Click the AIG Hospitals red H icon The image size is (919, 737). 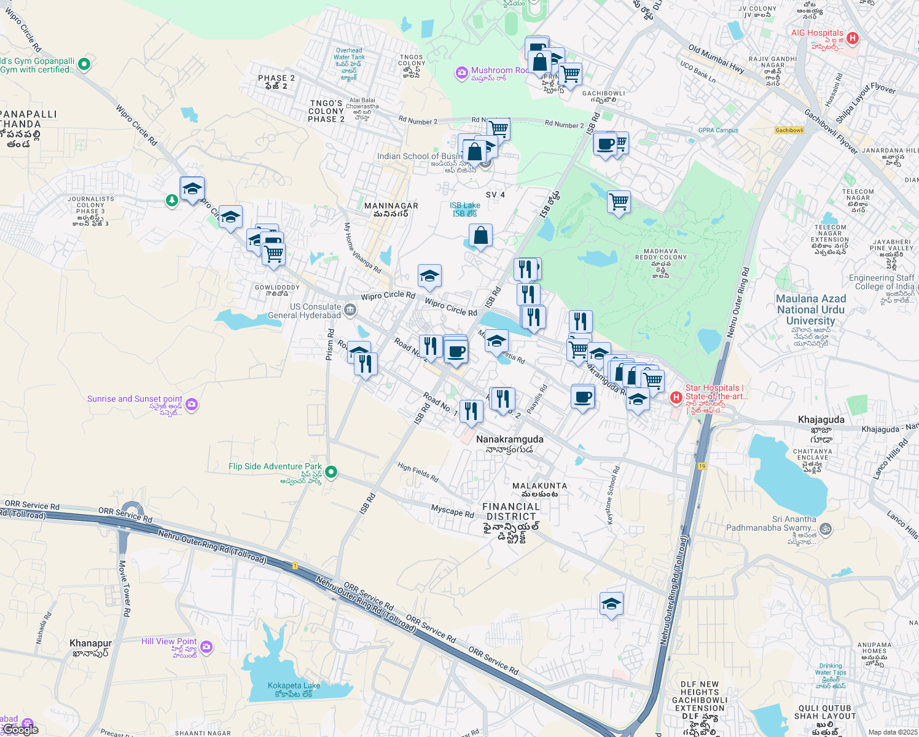852,38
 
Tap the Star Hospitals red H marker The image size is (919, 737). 676,397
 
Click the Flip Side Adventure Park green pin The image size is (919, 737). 331,472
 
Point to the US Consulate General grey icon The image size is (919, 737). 350,309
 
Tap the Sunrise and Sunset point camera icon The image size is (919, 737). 192,404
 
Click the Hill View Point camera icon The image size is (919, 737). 206,647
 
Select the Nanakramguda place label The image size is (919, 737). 509,440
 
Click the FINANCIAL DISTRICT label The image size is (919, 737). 511,512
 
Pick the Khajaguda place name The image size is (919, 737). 821,420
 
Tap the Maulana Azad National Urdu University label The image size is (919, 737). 811,310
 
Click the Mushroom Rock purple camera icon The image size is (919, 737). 461,74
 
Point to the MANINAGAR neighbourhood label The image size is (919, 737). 391,206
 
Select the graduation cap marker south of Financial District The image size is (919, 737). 611,604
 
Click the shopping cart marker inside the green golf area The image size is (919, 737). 619,202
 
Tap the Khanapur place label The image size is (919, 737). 90,643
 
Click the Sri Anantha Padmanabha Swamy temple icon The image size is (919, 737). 826,529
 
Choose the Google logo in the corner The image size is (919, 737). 21,730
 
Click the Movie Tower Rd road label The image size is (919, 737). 124,588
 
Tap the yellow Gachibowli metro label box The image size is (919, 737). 789,130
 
